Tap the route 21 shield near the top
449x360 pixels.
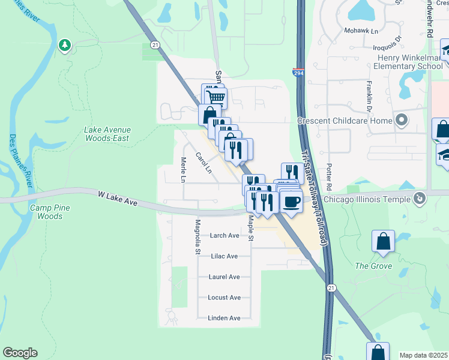155,45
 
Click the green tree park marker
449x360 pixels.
65,45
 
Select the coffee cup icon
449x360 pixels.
291,202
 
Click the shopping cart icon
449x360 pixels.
215,97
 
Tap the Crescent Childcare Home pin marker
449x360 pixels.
402,121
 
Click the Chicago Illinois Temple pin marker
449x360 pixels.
420,197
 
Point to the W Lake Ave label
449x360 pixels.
118,198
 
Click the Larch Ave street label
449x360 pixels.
224,236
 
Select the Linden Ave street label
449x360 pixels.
224,318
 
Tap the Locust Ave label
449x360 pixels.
224,298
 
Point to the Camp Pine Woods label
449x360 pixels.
46,212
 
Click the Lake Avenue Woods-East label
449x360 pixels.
107,134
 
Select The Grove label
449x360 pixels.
373,266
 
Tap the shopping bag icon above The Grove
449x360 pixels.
383,241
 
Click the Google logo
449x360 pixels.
20,353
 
